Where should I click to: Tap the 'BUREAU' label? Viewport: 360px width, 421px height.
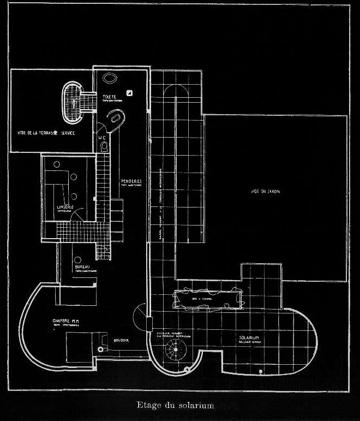click(83, 267)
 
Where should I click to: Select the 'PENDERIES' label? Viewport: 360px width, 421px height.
click(131, 181)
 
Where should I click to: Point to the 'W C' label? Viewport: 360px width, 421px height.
click(102, 138)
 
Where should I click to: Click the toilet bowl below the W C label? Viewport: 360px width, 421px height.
click(105, 147)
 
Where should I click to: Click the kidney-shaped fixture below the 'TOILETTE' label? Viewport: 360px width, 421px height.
click(115, 117)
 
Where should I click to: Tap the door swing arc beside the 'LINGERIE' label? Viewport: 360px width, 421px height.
click(80, 215)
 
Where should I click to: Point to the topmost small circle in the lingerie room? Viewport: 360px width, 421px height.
click(57, 163)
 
